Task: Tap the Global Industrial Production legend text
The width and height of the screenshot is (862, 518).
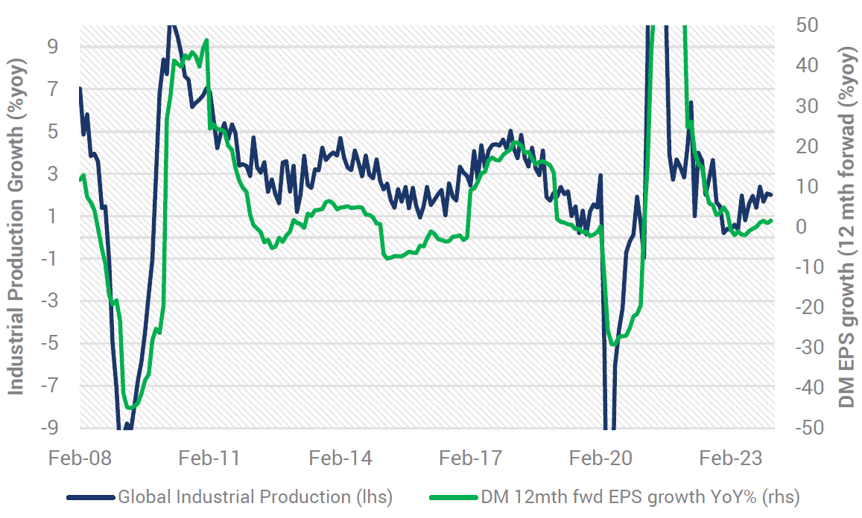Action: click(255, 496)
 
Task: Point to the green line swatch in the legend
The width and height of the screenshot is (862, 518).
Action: click(454, 496)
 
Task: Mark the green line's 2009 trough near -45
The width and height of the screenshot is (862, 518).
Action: click(131, 407)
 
